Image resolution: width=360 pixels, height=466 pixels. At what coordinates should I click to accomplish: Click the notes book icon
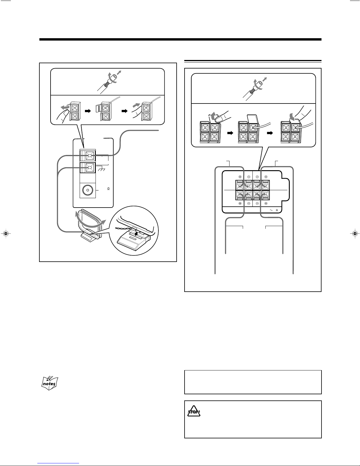click(49, 383)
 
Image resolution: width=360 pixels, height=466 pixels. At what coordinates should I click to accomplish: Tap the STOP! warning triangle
click(194, 411)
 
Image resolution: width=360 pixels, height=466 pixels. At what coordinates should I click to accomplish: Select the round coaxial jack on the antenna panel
click(88, 190)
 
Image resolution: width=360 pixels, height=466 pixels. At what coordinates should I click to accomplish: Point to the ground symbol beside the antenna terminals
click(101, 169)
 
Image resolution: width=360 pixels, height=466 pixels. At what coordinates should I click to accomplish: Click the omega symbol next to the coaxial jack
click(108, 189)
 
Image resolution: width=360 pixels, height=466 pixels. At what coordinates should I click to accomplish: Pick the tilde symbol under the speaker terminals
click(271, 210)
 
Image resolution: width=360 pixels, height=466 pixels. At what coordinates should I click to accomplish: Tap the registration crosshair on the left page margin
click(6, 233)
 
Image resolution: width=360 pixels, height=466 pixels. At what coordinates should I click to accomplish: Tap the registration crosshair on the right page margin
click(355, 233)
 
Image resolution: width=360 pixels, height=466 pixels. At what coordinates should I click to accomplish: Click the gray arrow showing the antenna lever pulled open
click(65, 107)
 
